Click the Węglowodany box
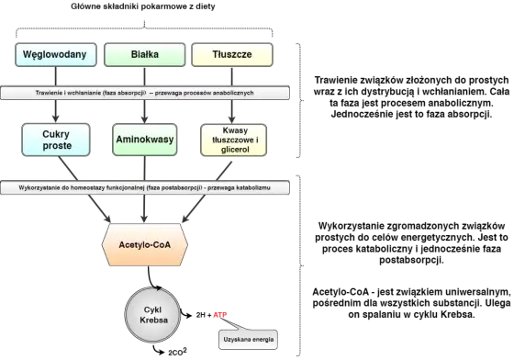tap(56, 55)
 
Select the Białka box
tap(145, 55)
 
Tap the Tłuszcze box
tap(232, 55)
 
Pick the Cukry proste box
tap(56, 140)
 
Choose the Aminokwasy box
tap(145, 140)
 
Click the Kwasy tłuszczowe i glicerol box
tap(233, 140)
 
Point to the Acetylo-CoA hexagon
tap(145, 244)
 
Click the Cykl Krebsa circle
tap(152, 315)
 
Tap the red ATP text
tap(220, 315)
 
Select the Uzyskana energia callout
tap(248, 340)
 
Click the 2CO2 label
tap(177, 352)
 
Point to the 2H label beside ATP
tap(201, 315)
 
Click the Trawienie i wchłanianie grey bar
tap(145, 93)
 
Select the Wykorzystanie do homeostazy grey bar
tap(145, 188)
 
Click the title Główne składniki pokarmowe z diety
tap(143, 6)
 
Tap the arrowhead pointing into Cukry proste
tap(56, 118)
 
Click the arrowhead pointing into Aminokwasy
tap(145, 118)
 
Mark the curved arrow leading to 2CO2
tap(158, 351)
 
